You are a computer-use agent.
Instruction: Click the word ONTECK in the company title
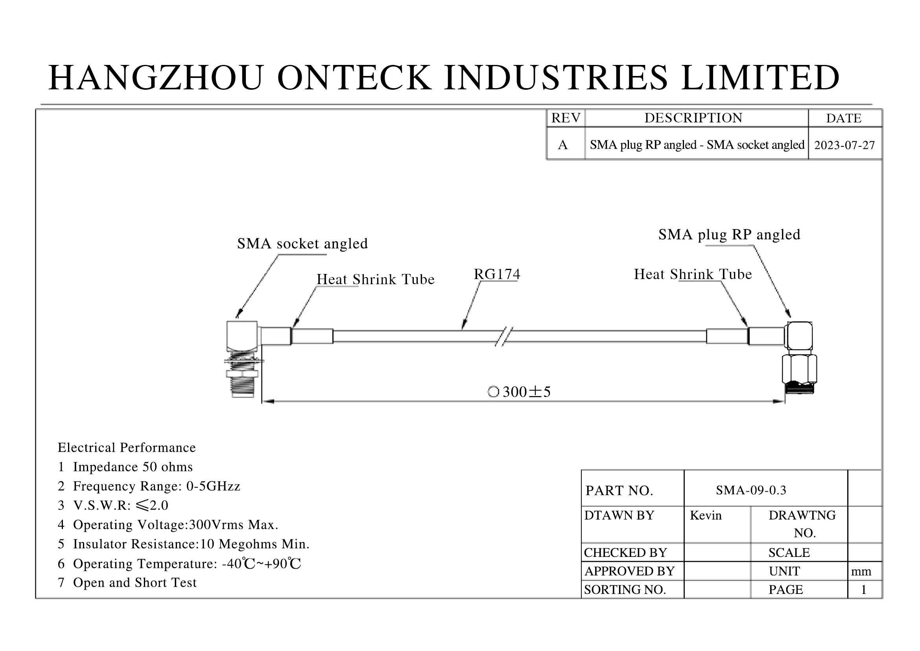click(x=354, y=78)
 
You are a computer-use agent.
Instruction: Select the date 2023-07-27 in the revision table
click(x=844, y=145)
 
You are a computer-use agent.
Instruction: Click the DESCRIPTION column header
click(x=693, y=118)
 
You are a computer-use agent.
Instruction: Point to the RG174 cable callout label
click(x=497, y=275)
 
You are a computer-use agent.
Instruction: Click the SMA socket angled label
click(x=302, y=244)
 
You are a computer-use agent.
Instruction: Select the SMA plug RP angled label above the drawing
click(x=729, y=235)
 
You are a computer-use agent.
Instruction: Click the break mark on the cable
click(x=504, y=336)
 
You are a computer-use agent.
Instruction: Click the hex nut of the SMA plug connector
click(x=799, y=369)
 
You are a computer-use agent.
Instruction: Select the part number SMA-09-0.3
click(x=751, y=490)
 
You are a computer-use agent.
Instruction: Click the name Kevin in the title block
click(x=706, y=516)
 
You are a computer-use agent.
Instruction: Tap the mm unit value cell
click(x=861, y=571)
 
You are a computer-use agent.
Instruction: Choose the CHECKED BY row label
click(x=625, y=553)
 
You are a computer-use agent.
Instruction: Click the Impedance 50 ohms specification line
click(x=132, y=467)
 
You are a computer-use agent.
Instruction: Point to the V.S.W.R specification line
click(x=120, y=505)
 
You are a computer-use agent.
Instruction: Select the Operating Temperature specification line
click(x=186, y=564)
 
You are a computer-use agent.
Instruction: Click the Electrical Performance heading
click(x=127, y=448)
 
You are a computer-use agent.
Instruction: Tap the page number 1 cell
click(x=863, y=590)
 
